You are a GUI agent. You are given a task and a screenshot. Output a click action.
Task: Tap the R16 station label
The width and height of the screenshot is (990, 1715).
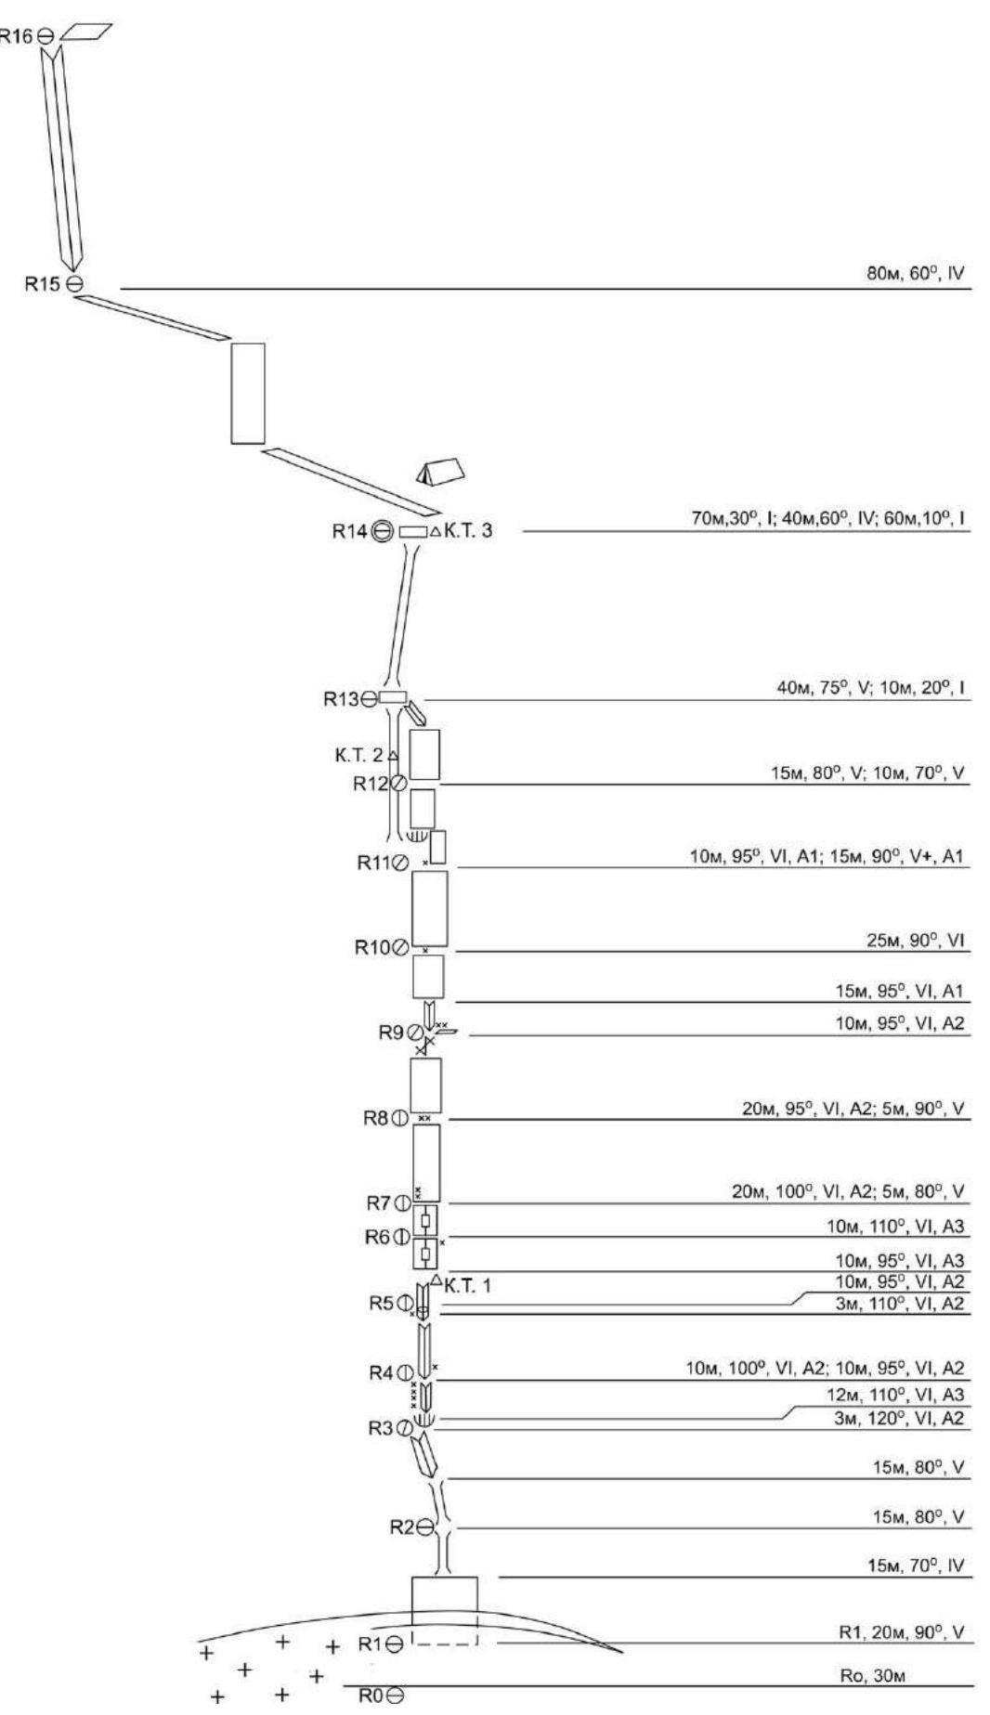(x=16, y=36)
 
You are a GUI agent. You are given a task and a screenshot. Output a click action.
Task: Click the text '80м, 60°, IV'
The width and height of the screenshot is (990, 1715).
(x=916, y=275)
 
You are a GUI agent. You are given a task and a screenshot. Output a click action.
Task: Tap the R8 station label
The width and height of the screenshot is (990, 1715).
(x=375, y=1119)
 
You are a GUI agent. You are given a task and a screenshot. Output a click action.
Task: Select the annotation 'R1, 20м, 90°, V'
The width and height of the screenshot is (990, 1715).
(x=902, y=1632)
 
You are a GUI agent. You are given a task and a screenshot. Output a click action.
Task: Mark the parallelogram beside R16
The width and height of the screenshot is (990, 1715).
(x=85, y=32)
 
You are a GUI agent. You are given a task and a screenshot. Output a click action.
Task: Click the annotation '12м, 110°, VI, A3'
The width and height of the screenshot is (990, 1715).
(x=896, y=1395)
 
